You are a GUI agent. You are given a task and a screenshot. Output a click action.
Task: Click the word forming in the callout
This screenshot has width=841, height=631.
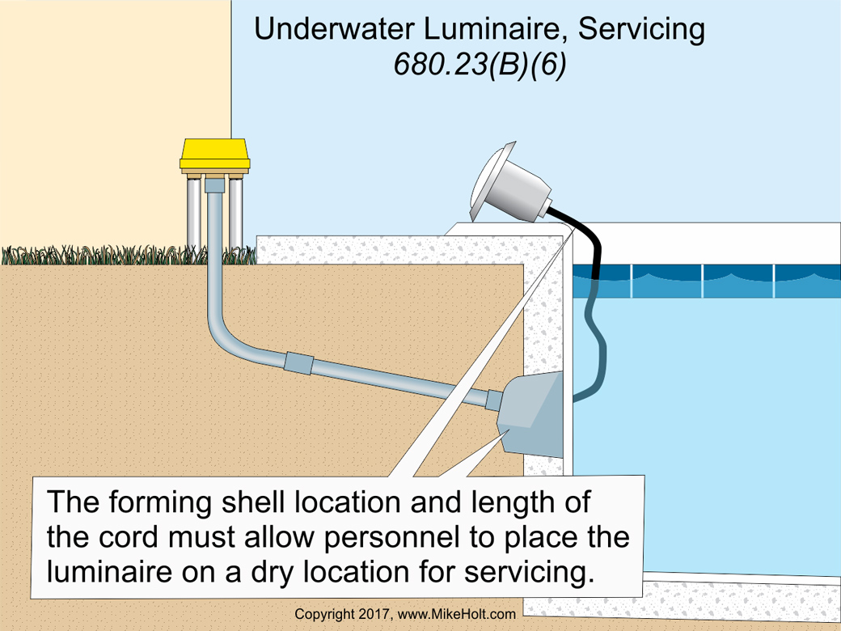[x=163, y=502]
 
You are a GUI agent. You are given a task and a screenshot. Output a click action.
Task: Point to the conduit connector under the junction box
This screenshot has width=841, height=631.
[x=214, y=184]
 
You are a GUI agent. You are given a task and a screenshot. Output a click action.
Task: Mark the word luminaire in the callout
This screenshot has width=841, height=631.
[x=112, y=572]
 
